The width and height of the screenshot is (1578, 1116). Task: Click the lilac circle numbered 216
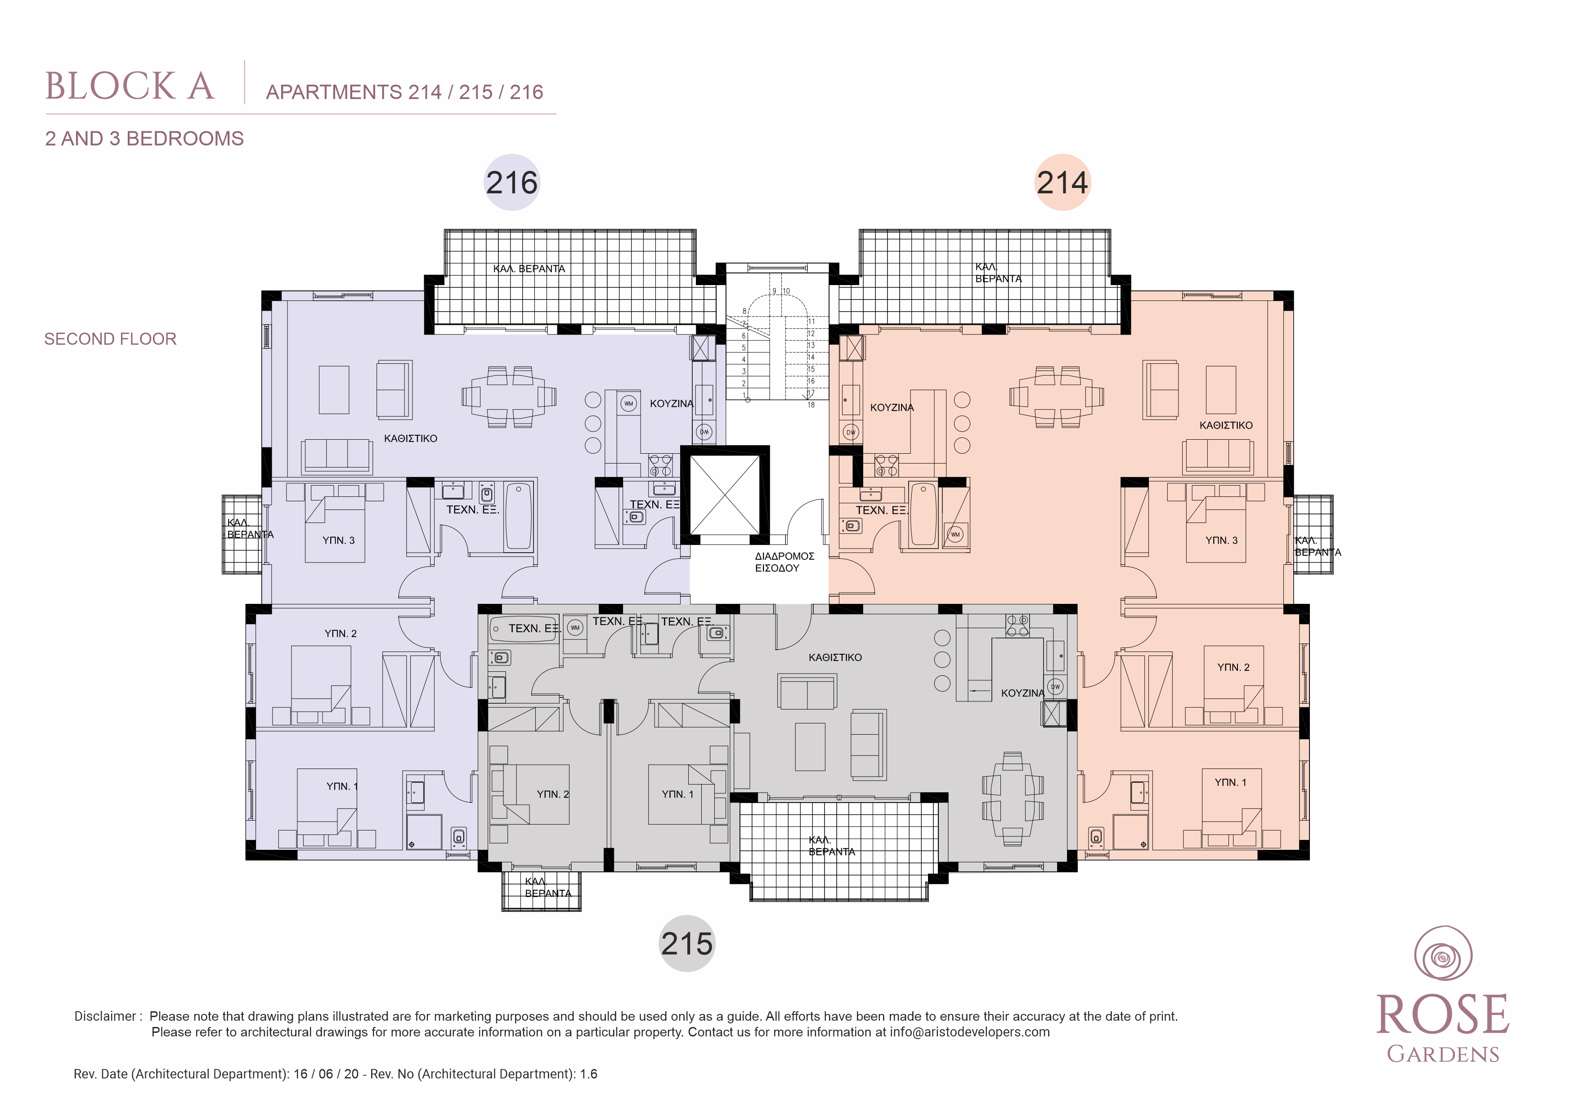[512, 182]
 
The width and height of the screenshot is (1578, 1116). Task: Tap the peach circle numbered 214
[1062, 182]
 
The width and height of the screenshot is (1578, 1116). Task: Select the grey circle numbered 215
[687, 943]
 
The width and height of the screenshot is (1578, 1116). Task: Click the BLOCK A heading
[130, 87]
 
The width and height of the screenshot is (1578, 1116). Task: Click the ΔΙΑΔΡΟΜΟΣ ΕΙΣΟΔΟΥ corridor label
[784, 562]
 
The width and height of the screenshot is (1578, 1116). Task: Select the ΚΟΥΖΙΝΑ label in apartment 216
[672, 403]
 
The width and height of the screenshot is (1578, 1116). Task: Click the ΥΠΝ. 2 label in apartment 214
[1234, 667]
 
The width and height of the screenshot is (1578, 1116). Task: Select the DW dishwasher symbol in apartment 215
[1056, 687]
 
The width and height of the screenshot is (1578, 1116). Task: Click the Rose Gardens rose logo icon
[1443, 955]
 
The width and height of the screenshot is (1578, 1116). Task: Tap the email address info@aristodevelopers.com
[970, 1032]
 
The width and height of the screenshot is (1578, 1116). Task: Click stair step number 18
[811, 405]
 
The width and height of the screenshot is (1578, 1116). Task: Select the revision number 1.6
[588, 1074]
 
